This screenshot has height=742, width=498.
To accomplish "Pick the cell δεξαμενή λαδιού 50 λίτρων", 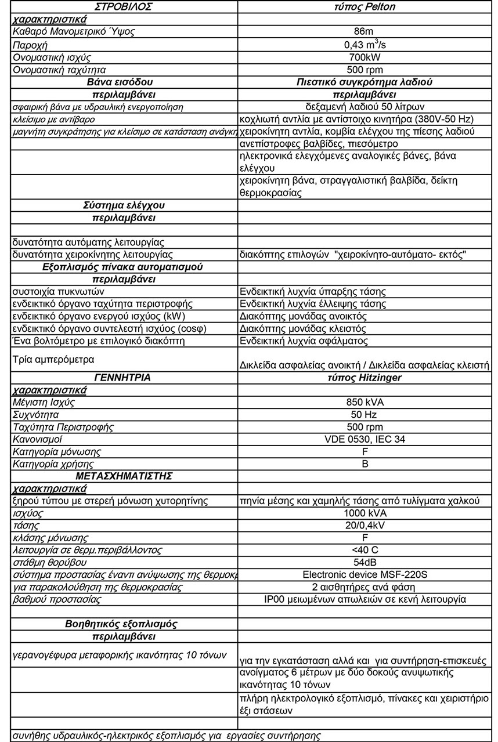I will pos(365,107).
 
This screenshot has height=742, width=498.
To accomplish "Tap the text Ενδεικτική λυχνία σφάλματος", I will pos(304,341).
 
